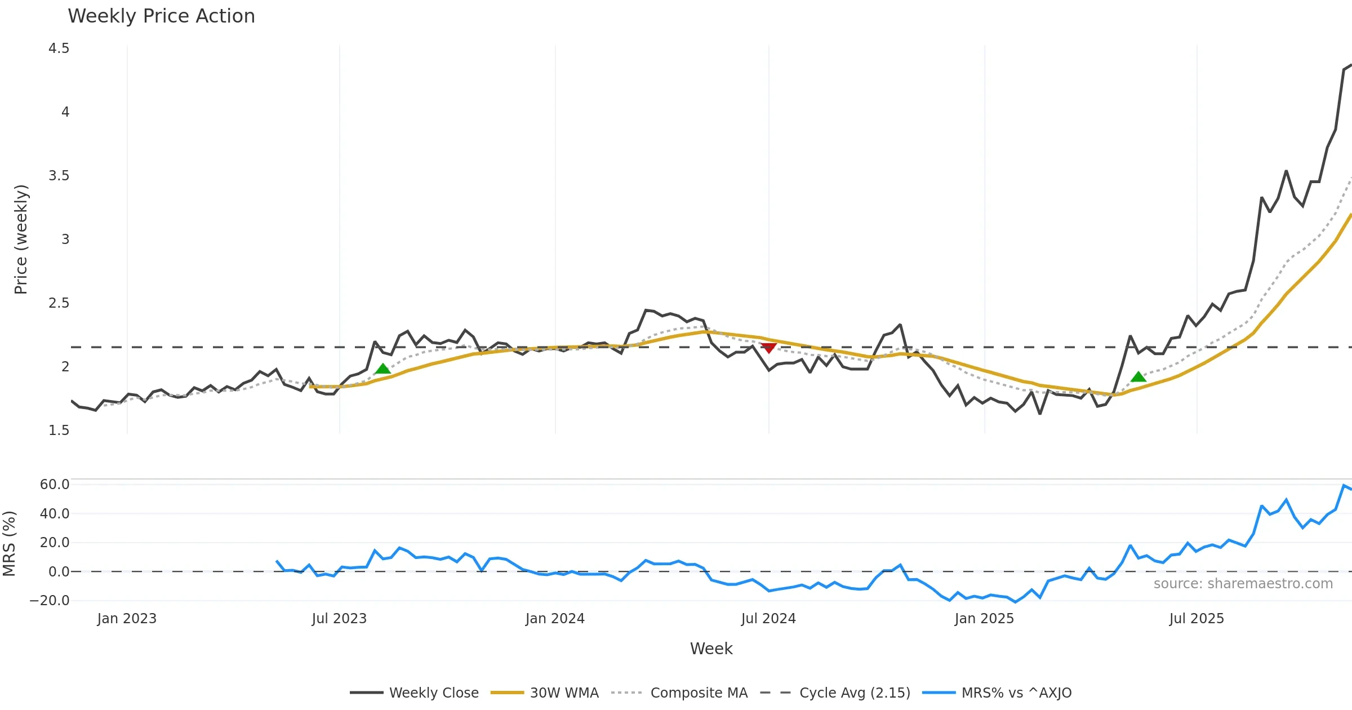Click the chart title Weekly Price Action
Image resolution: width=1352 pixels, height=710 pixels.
click(x=161, y=16)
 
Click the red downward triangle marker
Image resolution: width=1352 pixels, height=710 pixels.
click(x=768, y=348)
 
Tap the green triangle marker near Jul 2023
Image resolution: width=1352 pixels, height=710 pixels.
click(x=383, y=369)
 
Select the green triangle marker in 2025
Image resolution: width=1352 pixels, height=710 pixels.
click(x=1138, y=377)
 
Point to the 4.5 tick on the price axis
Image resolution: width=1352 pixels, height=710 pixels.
click(x=59, y=48)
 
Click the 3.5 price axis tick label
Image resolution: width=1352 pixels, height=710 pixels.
click(x=59, y=176)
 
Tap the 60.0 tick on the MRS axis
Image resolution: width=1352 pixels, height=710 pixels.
click(x=54, y=485)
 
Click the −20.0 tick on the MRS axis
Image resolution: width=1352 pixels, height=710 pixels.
click(x=50, y=601)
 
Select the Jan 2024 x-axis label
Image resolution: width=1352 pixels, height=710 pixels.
click(x=555, y=619)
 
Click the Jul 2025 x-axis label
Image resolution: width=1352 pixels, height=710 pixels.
click(x=1197, y=619)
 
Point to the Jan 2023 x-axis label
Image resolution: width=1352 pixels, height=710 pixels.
click(x=127, y=619)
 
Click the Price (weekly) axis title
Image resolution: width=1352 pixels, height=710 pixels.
click(x=21, y=239)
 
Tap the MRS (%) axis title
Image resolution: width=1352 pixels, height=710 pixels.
click(x=9, y=543)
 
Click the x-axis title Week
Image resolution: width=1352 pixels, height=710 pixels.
click(x=711, y=649)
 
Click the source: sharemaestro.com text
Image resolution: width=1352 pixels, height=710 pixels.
click(x=1243, y=584)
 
